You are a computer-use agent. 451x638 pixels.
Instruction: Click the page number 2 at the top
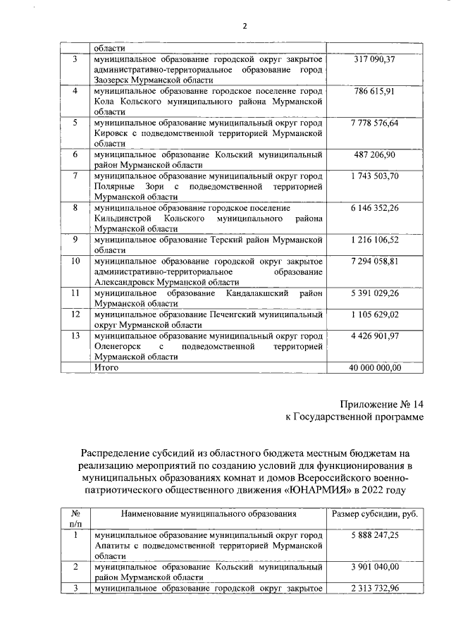[245, 26]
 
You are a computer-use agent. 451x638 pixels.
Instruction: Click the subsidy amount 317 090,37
[374, 60]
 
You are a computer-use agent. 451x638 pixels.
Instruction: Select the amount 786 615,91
[374, 92]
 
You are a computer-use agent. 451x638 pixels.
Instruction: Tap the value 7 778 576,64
[374, 123]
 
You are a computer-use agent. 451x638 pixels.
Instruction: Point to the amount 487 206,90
[374, 154]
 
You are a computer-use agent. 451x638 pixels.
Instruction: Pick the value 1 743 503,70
[374, 176]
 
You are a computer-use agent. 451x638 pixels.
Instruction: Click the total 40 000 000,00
[374, 367]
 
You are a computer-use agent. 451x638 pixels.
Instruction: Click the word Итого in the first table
[106, 367]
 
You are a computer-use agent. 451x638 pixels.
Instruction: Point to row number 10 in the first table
[75, 261]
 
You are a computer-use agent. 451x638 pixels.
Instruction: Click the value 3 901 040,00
[374, 567]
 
